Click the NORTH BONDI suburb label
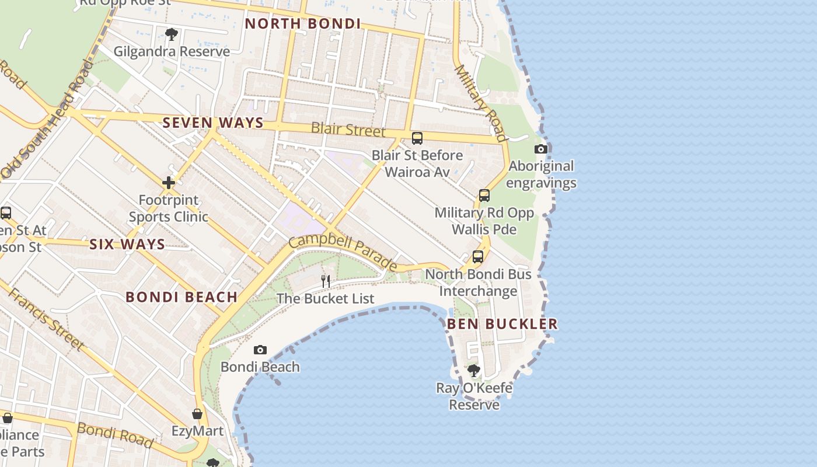tap(303, 24)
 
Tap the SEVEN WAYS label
tap(213, 123)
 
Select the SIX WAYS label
tap(127, 244)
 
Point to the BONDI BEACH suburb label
tap(181, 297)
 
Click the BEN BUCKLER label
tap(502, 323)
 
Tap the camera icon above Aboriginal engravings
tap(541, 149)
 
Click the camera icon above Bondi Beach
tap(260, 350)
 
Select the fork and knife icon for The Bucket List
tap(326, 281)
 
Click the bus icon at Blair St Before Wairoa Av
tap(417, 138)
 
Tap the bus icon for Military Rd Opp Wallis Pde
tap(484, 196)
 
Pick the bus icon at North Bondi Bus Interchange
tap(478, 257)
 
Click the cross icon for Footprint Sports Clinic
tap(169, 183)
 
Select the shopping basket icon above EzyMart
tap(197, 414)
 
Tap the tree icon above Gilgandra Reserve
tap(171, 34)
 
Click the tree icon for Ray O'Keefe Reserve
tap(474, 370)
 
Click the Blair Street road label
tap(348, 129)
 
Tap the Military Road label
tap(480, 103)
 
